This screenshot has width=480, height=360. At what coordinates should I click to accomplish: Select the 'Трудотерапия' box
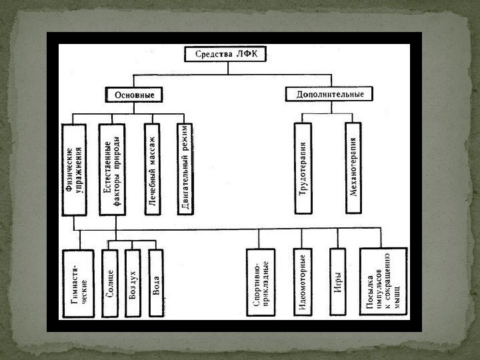point(305,167)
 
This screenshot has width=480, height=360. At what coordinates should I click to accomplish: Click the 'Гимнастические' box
point(79,284)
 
